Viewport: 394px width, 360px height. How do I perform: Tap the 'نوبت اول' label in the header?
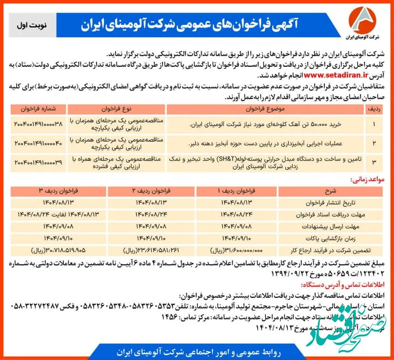(x=32, y=25)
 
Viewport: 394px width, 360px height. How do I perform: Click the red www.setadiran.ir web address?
(x=336, y=75)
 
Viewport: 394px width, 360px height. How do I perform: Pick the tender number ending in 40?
(x=38, y=143)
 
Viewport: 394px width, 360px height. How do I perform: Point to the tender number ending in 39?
(x=38, y=162)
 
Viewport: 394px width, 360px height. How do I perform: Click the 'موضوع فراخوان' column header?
(x=265, y=109)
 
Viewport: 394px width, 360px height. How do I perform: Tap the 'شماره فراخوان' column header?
(x=38, y=109)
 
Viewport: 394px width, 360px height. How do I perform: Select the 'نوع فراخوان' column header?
(x=116, y=109)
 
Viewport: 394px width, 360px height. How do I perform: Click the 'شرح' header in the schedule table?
(x=330, y=191)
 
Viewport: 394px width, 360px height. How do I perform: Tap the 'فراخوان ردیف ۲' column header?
(x=151, y=191)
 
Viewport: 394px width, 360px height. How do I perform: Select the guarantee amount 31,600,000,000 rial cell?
(x=236, y=250)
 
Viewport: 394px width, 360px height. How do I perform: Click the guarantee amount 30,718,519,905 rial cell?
(x=58, y=250)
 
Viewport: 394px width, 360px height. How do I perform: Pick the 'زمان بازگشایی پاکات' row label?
(x=330, y=239)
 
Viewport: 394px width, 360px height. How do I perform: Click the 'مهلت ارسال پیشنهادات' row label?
(x=330, y=227)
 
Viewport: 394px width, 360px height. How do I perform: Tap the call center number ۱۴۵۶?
(x=169, y=317)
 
